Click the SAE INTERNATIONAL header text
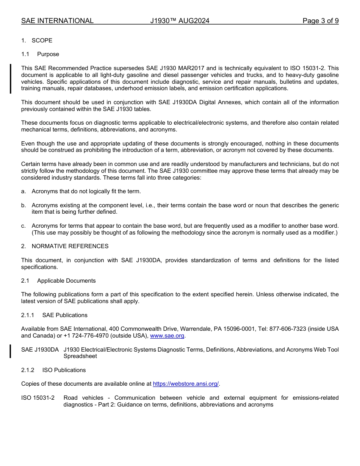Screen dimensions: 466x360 (57, 21)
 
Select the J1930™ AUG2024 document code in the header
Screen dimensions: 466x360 (180, 21)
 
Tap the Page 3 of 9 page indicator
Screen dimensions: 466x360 (320, 21)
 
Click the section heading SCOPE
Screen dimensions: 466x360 (42, 41)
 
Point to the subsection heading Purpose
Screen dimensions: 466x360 (48, 54)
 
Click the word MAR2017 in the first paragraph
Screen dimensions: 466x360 (192, 68)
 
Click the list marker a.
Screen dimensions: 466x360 (23, 191)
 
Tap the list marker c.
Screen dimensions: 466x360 (23, 226)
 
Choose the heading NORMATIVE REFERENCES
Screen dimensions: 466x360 (70, 246)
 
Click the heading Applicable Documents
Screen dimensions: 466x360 (66, 281)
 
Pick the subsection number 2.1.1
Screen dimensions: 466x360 (28, 315)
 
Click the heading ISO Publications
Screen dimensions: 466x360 (64, 370)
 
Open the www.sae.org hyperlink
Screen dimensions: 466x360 (167, 336)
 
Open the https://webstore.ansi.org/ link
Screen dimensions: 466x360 (186, 384)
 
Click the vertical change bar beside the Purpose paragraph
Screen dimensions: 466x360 (11, 78)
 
